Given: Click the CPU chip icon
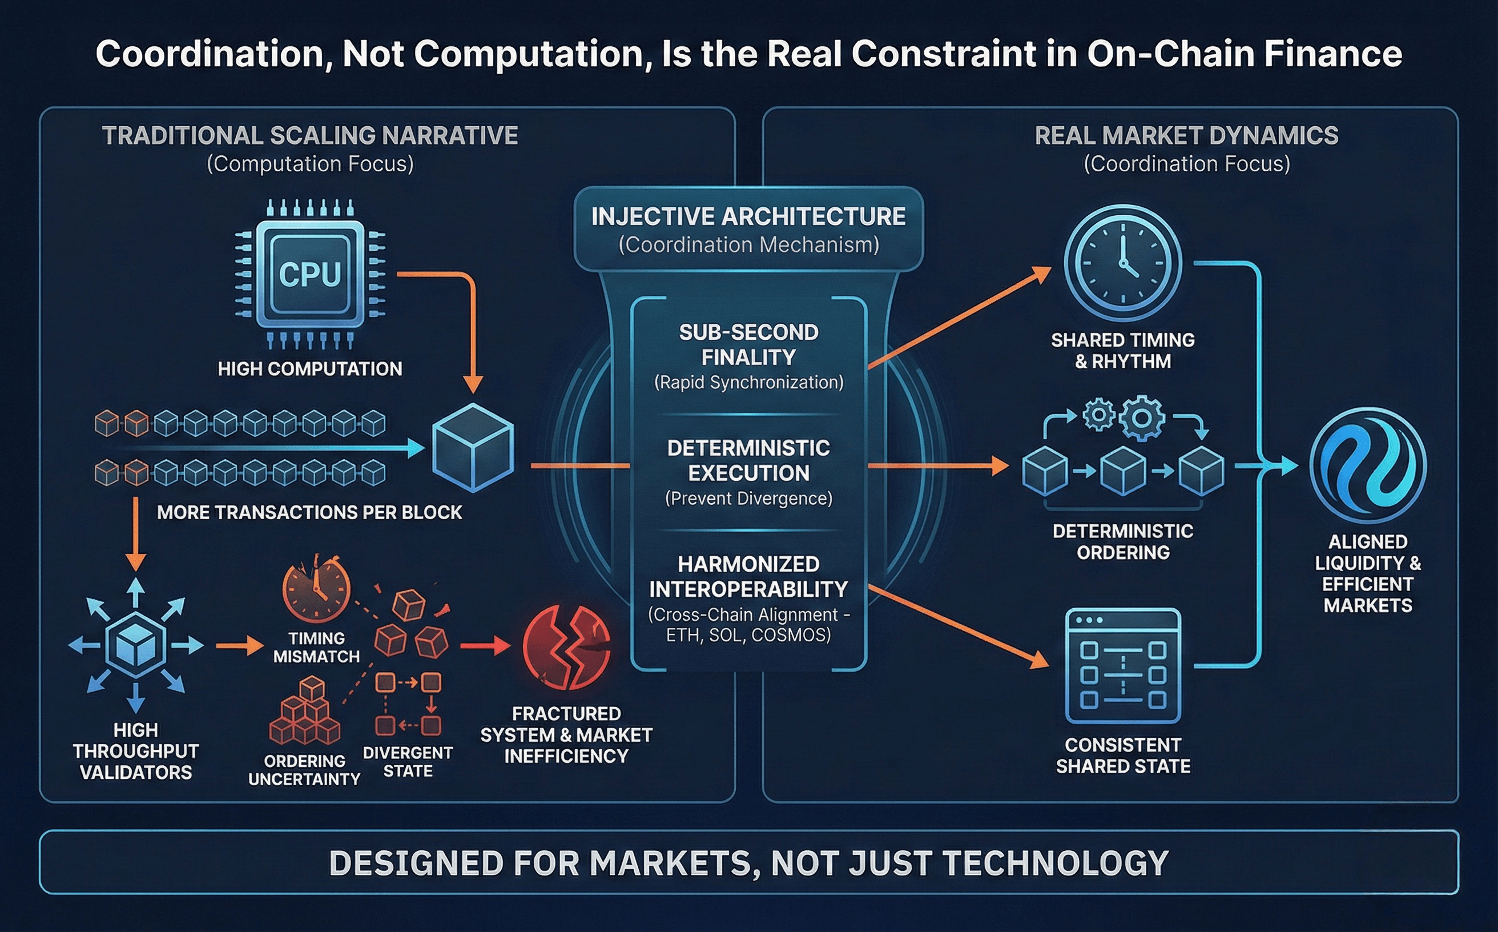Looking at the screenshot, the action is click(x=310, y=274).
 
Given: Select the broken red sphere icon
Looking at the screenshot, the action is click(x=566, y=647).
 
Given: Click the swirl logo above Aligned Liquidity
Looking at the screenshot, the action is click(x=1367, y=466).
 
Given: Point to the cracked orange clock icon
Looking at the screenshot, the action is click(x=316, y=589).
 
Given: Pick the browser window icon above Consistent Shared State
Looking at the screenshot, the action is click(x=1123, y=666).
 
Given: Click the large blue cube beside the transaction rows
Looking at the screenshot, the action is click(x=473, y=448).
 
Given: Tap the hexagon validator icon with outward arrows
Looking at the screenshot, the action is click(x=135, y=645).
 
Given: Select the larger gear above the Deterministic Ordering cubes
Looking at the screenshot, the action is click(x=1141, y=419).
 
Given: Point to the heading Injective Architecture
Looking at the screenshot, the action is click(x=748, y=217).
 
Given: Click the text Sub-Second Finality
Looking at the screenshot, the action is click(x=748, y=344).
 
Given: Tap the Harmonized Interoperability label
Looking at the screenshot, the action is click(x=748, y=576).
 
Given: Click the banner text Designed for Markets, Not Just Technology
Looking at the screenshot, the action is click(x=748, y=862).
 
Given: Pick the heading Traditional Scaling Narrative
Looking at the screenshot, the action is click(x=310, y=135).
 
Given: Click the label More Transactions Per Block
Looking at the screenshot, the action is click(x=309, y=512).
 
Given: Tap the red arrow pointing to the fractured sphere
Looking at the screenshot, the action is click(x=486, y=646).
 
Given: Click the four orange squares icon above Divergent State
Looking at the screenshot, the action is click(x=408, y=704).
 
